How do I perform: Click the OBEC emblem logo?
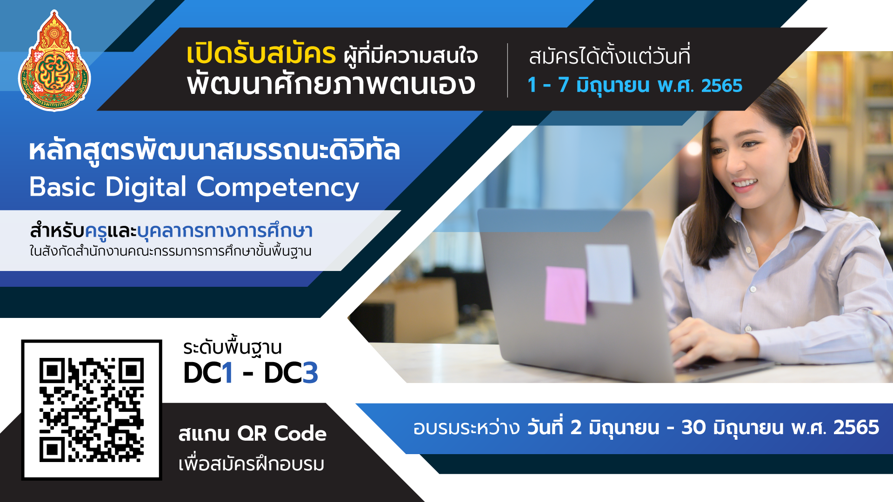click(54, 60)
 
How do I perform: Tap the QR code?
click(92, 410)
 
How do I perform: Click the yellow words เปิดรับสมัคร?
click(261, 54)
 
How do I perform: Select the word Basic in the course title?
click(62, 187)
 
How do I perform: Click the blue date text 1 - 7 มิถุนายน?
click(588, 86)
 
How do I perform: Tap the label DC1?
click(208, 373)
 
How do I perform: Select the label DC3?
click(291, 373)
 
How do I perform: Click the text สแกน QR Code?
click(253, 434)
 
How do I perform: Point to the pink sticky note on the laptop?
click(566, 295)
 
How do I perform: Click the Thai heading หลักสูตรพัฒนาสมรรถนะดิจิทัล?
click(214, 150)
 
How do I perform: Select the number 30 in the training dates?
click(693, 428)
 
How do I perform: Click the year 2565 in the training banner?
click(856, 428)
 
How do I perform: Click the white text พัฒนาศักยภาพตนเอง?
click(331, 84)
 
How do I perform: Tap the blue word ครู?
click(96, 231)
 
